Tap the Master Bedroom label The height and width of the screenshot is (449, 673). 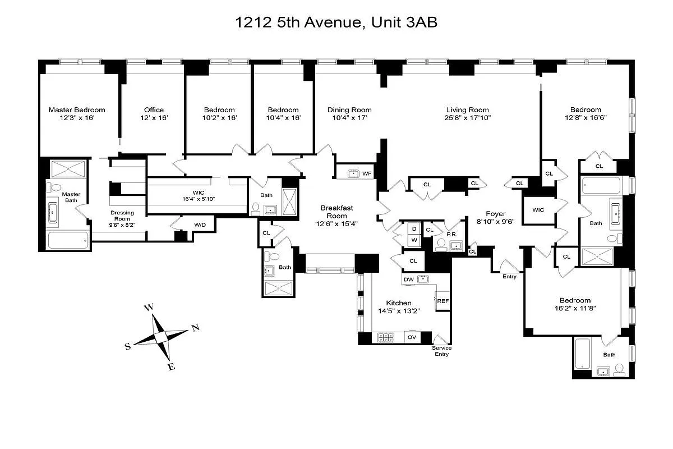coord(77,110)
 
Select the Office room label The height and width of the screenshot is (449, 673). coord(154,110)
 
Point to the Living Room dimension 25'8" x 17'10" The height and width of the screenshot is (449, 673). coord(467,118)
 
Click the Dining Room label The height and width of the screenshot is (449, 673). coord(349,110)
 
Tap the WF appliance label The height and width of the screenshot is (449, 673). coord(367,173)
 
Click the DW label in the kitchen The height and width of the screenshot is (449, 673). coord(409,279)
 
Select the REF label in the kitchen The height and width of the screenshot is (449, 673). coord(442,301)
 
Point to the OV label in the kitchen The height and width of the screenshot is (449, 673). coord(412,337)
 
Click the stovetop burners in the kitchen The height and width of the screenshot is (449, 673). coord(386,337)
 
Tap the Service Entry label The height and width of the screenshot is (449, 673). coord(441,351)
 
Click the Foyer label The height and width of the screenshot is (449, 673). coord(496,214)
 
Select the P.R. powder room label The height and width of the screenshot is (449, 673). coord(451,234)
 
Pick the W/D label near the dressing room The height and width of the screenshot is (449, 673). coord(200,225)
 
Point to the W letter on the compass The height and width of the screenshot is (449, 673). coord(149,308)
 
